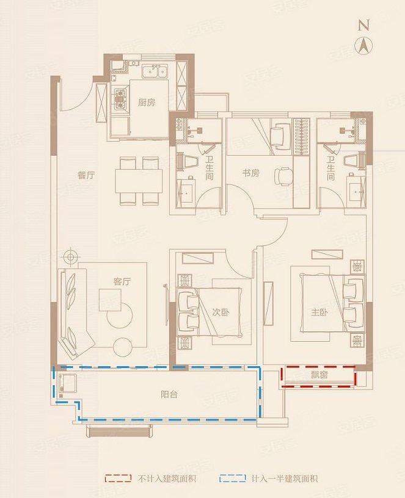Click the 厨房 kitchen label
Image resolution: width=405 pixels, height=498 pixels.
tap(147, 103)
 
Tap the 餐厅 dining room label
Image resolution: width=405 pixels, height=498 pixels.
tap(86, 175)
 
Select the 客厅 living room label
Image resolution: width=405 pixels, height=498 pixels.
tap(122, 281)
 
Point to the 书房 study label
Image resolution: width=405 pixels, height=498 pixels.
tap(251, 173)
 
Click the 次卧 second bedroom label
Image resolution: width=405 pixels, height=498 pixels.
tap(221, 312)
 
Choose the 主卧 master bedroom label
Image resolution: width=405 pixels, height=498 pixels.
tap(319, 312)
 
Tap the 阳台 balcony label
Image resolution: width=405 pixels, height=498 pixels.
tap(169, 394)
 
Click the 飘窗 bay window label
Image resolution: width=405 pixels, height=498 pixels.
tap(319, 375)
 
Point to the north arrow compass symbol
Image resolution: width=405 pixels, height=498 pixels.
tap(364, 46)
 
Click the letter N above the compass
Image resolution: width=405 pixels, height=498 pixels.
tap(364, 25)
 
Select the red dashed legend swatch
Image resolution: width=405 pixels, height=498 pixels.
tap(118, 478)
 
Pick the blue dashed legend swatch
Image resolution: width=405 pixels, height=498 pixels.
tap(232, 478)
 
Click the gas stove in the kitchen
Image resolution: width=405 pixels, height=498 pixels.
tap(121, 99)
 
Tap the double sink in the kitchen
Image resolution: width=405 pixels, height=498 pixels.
tap(155, 71)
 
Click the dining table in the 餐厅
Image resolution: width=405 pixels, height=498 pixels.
tap(139, 181)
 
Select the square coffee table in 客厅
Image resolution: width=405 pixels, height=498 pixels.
tap(110, 300)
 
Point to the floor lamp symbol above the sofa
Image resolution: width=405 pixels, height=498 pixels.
tap(70, 257)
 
